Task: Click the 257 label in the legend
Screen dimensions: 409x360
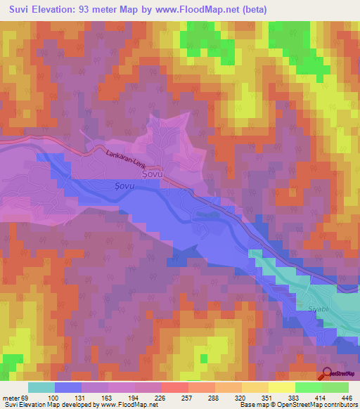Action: (x=186, y=398)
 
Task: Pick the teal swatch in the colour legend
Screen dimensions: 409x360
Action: (x=41, y=387)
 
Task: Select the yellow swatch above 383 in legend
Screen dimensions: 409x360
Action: (x=281, y=387)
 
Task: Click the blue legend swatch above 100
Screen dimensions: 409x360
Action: (x=68, y=387)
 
